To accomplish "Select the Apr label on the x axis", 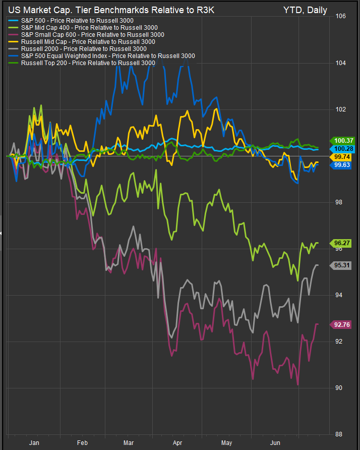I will coord(177,442).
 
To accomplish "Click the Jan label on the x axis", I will coord(34,442).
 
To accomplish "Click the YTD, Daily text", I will coord(305,10).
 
